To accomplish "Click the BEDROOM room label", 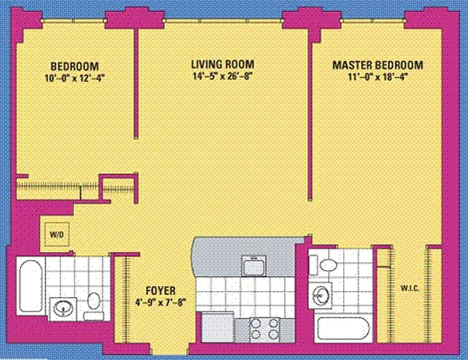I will tap(74, 65).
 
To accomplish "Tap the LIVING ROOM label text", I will tap(223, 64).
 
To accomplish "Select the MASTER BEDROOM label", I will tap(377, 65).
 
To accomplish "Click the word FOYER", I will tap(161, 290).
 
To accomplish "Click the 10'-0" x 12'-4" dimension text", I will tap(74, 77).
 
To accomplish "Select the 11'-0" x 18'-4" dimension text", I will tap(377, 77).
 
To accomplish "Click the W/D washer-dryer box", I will tap(56, 234).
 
